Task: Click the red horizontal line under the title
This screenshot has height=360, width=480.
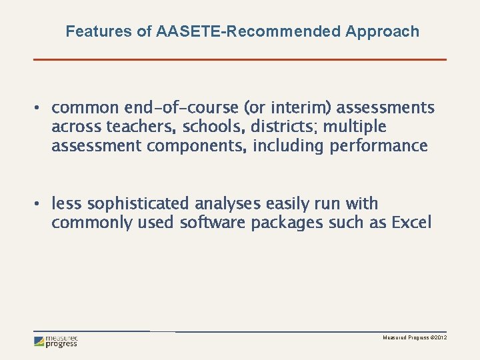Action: tap(240, 59)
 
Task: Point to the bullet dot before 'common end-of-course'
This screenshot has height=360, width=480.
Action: tap(39, 108)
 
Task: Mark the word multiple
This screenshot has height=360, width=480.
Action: tap(355, 127)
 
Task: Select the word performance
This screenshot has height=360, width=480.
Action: tap(378, 145)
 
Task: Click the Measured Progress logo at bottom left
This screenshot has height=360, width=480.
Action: tap(56, 341)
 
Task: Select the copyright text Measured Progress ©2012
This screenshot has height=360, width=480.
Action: tap(414, 339)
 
